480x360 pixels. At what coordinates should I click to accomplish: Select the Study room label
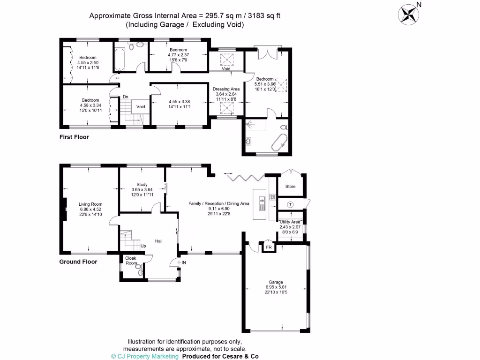point(142,184)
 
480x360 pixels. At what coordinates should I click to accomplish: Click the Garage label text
point(276,282)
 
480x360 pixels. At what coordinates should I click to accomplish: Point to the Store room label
point(291,187)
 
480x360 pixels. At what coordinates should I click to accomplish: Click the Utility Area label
point(290,222)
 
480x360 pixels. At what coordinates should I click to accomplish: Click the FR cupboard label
point(269,247)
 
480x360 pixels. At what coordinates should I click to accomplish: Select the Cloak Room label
point(131,260)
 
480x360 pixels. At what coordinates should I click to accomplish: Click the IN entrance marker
point(184,262)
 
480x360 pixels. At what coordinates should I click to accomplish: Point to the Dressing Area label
point(226,89)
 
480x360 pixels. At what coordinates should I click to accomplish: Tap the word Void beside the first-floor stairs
point(141,107)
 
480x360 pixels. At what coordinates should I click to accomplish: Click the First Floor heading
point(74,137)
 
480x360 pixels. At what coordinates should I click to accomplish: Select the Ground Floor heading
point(78,262)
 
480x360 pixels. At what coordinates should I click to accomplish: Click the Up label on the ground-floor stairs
point(143,246)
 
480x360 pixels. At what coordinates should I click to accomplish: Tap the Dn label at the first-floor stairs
point(126,97)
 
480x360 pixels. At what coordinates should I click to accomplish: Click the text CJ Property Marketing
point(148,356)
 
